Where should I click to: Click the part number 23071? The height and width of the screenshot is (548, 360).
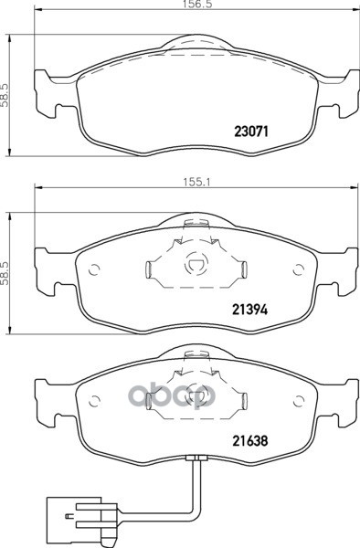click(251, 132)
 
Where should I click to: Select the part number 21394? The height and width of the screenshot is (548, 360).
click(250, 309)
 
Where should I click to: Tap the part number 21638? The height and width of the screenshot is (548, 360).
click(250, 440)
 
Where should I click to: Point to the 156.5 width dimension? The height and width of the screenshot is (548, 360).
click(196, 5)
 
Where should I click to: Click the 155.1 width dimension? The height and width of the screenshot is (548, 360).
click(196, 183)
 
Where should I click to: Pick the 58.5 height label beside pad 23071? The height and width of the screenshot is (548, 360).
click(5, 101)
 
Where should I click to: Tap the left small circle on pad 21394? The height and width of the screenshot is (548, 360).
click(94, 269)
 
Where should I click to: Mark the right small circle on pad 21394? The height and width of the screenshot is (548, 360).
click(298, 269)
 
